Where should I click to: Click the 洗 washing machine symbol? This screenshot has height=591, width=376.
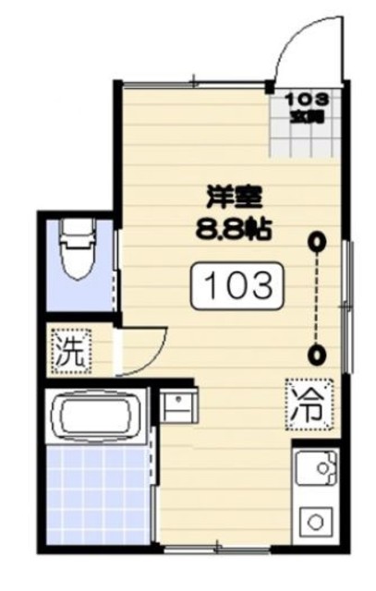tap(68, 351)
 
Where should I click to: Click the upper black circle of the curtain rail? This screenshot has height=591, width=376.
tap(318, 242)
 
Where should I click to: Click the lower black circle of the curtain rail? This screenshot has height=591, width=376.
tap(318, 353)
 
